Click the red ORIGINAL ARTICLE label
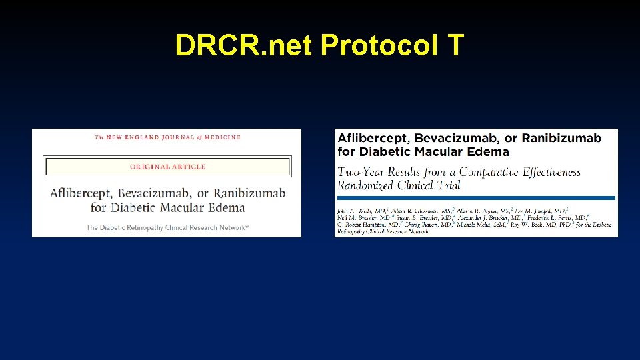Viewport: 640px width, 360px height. pos(167,167)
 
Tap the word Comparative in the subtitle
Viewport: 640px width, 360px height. pos(486,172)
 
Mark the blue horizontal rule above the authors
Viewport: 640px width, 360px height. pos(476,197)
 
